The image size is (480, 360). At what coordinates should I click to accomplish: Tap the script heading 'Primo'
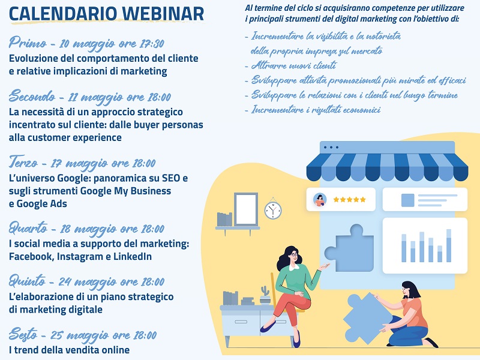[28, 43]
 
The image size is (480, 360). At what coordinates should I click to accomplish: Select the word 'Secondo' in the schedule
[32, 96]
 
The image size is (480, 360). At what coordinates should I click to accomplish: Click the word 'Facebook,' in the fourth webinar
[32, 256]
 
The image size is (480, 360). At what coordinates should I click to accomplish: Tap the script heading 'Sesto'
[23, 334]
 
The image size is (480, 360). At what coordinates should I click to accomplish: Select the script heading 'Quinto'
[27, 281]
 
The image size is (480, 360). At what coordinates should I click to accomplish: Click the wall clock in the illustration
[273, 210]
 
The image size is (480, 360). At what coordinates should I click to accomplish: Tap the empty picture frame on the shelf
[246, 209]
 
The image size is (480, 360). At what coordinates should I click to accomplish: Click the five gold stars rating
[349, 200]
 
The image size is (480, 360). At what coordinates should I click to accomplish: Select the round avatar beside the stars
[320, 200]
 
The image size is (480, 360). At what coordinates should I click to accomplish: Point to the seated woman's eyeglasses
[294, 254]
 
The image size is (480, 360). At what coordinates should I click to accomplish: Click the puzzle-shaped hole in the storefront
[350, 248]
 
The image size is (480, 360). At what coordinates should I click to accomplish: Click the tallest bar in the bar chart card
[449, 245]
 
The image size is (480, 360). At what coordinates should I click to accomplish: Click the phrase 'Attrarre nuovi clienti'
[294, 65]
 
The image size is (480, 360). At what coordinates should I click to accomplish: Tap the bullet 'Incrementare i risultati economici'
[316, 110]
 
